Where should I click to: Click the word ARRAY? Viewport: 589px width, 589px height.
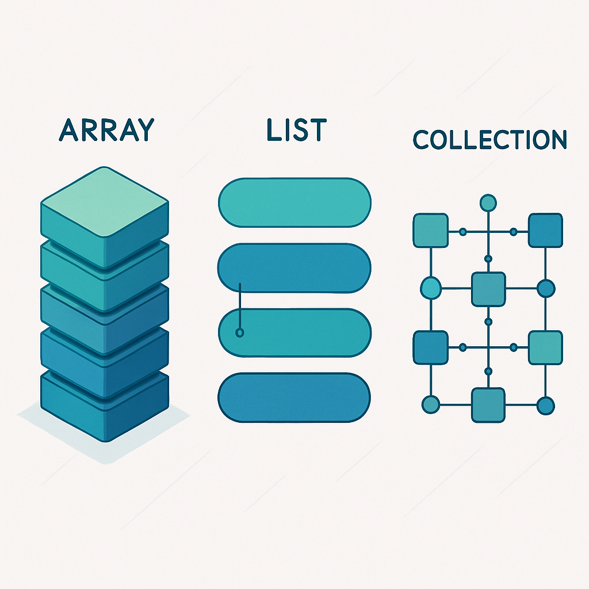click(x=107, y=130)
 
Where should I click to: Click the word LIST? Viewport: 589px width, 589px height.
click(x=296, y=130)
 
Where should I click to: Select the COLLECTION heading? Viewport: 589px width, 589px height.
click(x=490, y=140)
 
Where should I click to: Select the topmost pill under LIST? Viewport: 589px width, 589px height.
click(x=294, y=202)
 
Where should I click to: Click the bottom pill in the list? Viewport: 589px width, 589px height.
click(x=294, y=397)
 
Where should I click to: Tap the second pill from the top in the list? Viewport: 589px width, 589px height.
click(x=294, y=267)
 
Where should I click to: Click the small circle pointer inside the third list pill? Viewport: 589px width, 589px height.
click(x=240, y=332)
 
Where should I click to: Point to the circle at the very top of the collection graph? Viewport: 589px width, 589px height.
click(x=488, y=202)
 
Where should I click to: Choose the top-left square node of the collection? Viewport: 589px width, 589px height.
click(x=431, y=231)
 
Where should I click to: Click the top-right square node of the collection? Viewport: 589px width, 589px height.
click(x=545, y=231)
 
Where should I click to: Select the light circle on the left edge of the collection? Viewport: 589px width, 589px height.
click(x=430, y=288)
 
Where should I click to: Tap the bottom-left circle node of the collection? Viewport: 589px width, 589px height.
click(x=430, y=405)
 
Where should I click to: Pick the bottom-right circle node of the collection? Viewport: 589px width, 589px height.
click(x=545, y=405)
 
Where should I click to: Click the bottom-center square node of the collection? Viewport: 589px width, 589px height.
click(x=488, y=405)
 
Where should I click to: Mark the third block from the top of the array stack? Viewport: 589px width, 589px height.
click(x=104, y=313)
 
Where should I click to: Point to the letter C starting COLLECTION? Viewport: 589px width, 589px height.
click(x=422, y=140)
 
